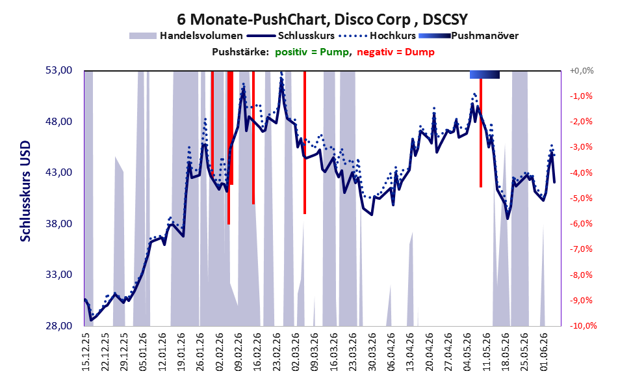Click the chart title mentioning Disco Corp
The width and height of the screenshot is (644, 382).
click(x=322, y=19)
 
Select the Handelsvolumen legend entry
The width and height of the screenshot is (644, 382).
click(x=186, y=36)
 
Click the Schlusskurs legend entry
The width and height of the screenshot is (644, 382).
click(x=291, y=36)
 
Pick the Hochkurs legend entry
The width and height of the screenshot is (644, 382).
click(x=378, y=36)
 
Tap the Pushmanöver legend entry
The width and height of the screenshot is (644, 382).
click(x=469, y=36)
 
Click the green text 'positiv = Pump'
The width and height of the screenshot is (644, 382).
click(x=313, y=52)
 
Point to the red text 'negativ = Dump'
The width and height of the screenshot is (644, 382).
click(x=396, y=52)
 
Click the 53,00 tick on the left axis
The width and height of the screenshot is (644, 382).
click(x=58, y=70)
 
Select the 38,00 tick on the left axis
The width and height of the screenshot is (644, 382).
click(x=58, y=224)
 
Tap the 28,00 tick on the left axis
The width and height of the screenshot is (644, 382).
click(x=58, y=325)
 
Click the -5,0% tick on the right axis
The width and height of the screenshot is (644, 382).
click(x=581, y=198)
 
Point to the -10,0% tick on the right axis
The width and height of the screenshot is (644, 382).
click(x=583, y=325)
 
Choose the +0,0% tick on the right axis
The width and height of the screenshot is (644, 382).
click(x=582, y=71)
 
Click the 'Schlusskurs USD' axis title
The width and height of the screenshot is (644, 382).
click(x=25, y=191)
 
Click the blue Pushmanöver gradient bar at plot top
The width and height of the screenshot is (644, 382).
click(x=485, y=74)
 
